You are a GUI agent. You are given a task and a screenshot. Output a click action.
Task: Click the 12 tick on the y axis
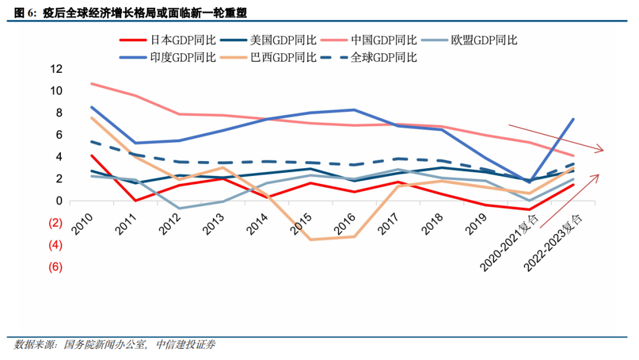point(56,69)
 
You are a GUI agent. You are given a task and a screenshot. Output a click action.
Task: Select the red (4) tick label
point(55,245)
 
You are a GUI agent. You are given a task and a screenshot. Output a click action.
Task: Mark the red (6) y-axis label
point(55,267)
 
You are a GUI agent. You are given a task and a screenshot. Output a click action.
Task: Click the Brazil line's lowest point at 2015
point(310,239)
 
